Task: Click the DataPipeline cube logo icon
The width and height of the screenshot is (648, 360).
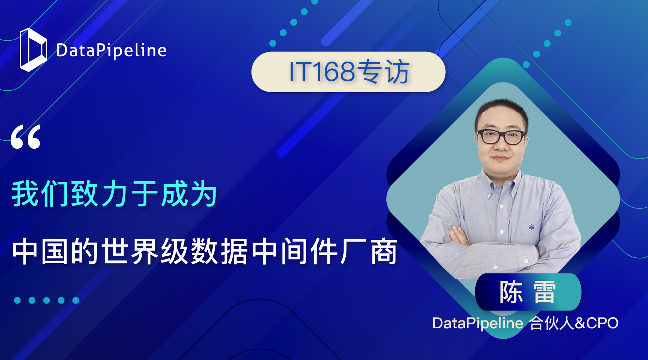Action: (33, 50)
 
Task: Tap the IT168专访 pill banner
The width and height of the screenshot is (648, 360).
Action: (348, 72)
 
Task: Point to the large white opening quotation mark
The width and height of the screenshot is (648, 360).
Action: (26, 137)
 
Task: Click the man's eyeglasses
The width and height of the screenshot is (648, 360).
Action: (502, 137)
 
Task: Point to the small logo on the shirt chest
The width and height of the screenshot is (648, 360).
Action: (531, 227)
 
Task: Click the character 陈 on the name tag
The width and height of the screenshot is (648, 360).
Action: (511, 292)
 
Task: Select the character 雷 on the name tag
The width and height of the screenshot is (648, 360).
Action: (544, 292)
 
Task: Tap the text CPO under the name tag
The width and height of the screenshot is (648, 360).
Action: (602, 323)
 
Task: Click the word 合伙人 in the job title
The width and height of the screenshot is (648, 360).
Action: (552, 323)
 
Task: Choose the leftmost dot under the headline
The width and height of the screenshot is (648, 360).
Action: (17, 300)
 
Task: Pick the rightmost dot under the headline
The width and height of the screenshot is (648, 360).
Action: (76, 300)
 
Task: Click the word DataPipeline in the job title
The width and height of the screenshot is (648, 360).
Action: (478, 323)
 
